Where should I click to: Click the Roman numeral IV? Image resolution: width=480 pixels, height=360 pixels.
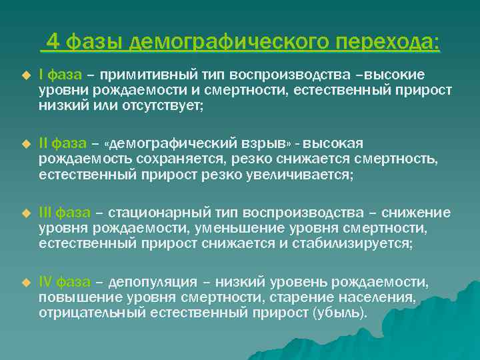coord(45,283)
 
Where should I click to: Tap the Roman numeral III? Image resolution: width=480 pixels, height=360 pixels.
coord(45,213)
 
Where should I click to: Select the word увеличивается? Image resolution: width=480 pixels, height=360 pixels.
coord(305,175)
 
